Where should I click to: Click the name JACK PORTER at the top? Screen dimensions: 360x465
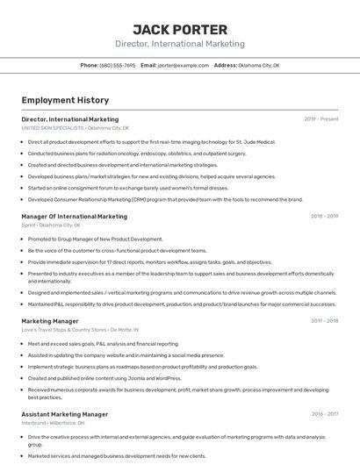(x=180, y=29)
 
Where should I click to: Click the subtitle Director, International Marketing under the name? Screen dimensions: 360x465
(x=180, y=44)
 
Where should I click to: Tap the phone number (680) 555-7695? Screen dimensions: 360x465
(x=117, y=65)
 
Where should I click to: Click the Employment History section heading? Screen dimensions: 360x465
(x=65, y=100)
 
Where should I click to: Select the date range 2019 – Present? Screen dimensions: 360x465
(x=320, y=118)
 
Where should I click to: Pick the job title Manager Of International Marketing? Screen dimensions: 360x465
(x=74, y=216)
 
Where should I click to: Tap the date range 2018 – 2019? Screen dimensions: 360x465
(x=324, y=216)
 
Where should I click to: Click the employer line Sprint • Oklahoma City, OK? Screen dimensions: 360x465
(x=50, y=225)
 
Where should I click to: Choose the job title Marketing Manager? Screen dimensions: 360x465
(x=49, y=321)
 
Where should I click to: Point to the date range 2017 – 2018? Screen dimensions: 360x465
(x=324, y=321)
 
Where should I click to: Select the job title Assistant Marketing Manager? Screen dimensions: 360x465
(x=64, y=413)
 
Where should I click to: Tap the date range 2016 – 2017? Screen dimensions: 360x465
(x=324, y=413)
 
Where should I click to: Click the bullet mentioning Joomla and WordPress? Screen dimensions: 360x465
(x=104, y=377)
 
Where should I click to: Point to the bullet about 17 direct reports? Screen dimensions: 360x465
(x=149, y=261)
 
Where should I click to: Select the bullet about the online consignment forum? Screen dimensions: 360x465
(x=128, y=187)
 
